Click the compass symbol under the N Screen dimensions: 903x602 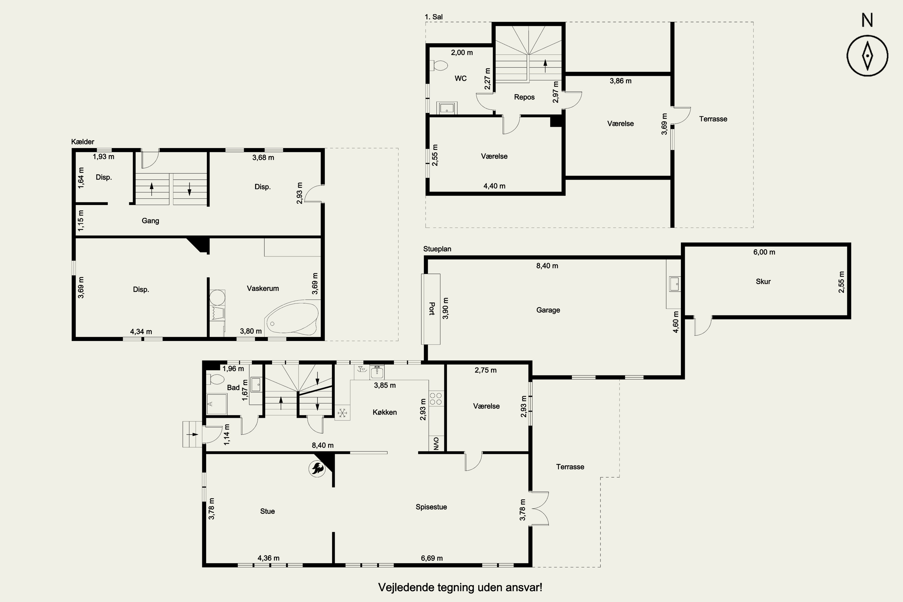[x=867, y=56]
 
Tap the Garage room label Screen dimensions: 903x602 [x=548, y=310]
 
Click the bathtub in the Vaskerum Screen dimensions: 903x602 [x=291, y=319]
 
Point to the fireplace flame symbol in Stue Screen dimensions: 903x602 [x=318, y=468]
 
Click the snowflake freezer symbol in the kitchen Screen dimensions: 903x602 [x=342, y=413]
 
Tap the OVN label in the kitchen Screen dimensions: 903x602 [x=436, y=443]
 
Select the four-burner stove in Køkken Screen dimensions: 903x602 [x=436, y=399]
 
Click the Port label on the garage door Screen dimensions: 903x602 [x=432, y=309]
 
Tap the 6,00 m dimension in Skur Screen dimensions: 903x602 [x=764, y=252]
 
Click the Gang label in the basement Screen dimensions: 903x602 [x=150, y=221]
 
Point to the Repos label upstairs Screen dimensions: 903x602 [x=524, y=97]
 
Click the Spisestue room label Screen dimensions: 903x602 [x=431, y=507]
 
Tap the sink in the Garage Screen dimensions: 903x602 [x=674, y=284]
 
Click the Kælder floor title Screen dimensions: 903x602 [x=82, y=142]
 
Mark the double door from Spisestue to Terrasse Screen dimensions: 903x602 [x=539, y=508]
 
